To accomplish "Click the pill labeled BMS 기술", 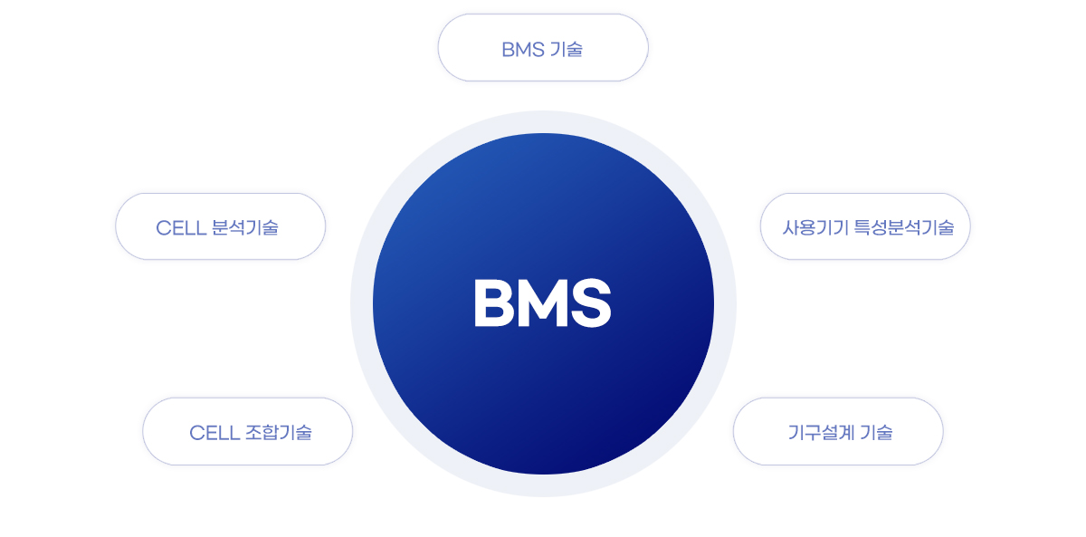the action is [x=543, y=47].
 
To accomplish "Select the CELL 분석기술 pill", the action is [x=221, y=226].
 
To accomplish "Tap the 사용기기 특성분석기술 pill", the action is [x=865, y=226].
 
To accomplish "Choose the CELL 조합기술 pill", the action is [x=248, y=431].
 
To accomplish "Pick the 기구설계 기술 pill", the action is [x=838, y=431].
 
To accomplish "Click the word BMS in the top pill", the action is [x=523, y=50].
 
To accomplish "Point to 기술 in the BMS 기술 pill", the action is [x=567, y=50].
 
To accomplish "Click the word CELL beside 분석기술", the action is [x=180, y=228].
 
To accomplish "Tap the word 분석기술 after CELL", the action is [x=245, y=227].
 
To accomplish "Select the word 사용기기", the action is [x=815, y=227].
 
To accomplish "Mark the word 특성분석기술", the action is [x=904, y=227].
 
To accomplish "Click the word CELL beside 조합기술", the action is [x=214, y=433].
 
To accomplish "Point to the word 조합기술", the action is [x=279, y=432].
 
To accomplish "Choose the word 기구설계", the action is [x=821, y=432].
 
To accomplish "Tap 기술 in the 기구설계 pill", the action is [x=877, y=432].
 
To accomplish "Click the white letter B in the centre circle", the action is [x=493, y=303].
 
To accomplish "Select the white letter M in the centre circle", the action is [x=542, y=303].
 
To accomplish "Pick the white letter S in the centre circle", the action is [x=591, y=303].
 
